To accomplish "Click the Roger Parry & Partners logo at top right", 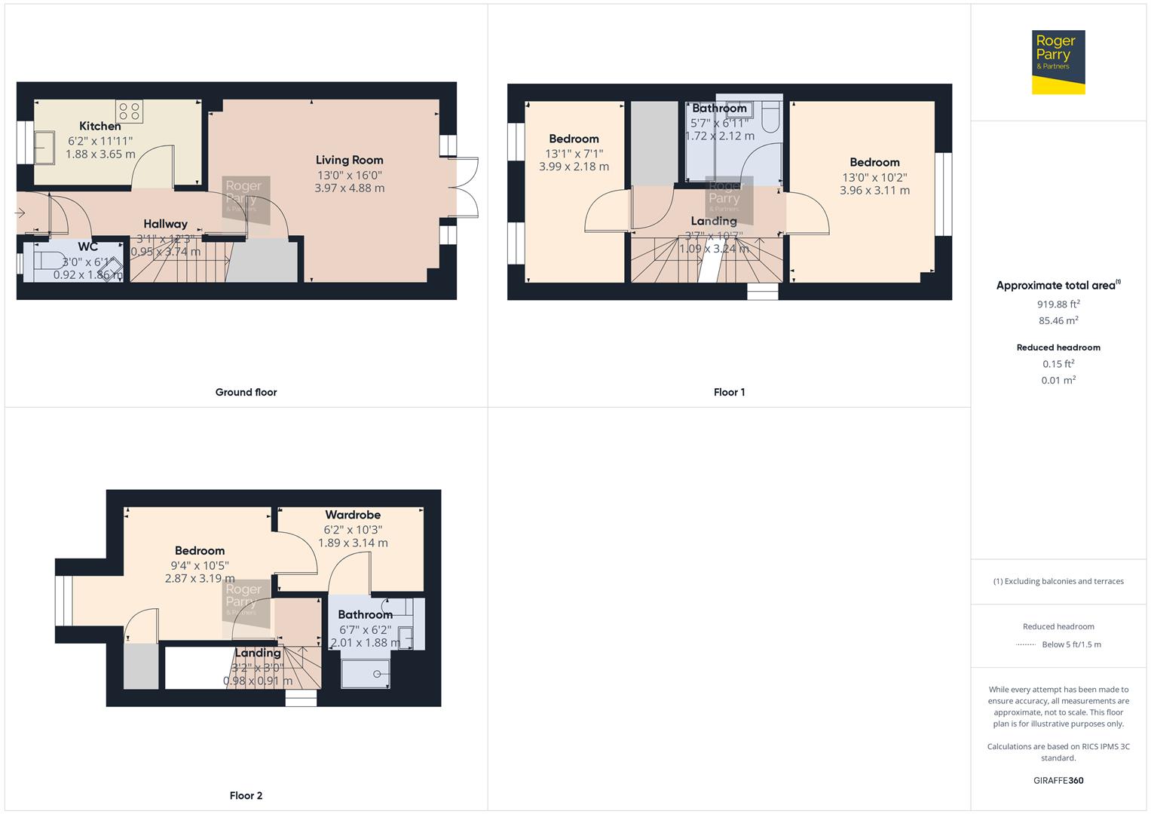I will [1058, 62].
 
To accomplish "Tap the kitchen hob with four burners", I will [130, 112].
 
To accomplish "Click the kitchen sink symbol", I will [44, 147].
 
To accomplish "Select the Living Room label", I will [349, 160].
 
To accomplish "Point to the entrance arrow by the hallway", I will [20, 213].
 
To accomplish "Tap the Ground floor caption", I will [246, 392].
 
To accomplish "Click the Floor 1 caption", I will [729, 392].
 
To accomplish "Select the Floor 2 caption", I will [246, 795].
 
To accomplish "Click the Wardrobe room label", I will [353, 515].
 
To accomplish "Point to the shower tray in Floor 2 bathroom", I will [366, 674].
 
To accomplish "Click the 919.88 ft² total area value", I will [1058, 304].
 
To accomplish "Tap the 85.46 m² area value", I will [1058, 321].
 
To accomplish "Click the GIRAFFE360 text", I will [1058, 780].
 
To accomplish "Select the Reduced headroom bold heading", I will [1058, 347].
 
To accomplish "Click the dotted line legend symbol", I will [1026, 644].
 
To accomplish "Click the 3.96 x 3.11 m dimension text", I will [874, 191].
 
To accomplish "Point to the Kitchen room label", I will [100, 126].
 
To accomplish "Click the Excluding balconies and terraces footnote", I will [1058, 581].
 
